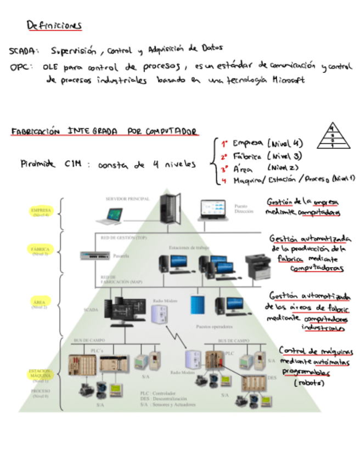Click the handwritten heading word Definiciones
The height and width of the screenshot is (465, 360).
(x=54, y=25)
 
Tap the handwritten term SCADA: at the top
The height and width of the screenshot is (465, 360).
(x=24, y=52)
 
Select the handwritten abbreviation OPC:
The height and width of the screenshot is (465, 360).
(x=22, y=67)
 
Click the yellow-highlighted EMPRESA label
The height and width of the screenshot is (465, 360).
(x=41, y=211)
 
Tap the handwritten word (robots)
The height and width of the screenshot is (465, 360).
(x=309, y=383)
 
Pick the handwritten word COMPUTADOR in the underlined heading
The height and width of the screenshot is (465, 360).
(x=171, y=132)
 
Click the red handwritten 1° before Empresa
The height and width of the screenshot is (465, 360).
(x=224, y=144)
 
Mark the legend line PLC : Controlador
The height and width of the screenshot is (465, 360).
(x=158, y=393)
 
